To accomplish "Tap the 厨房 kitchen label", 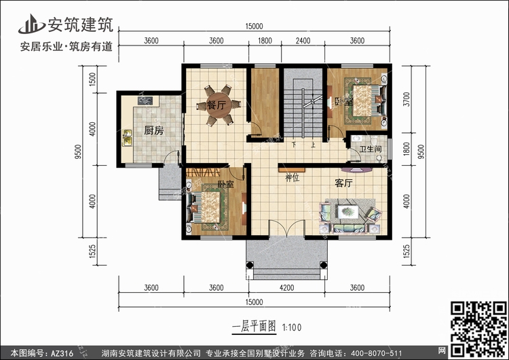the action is pos(154,130).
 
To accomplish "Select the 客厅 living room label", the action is pos(344,183).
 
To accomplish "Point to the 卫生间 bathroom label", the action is pos(371,149).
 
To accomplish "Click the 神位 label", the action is pos(292,177).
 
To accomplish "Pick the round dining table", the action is pos(219,105).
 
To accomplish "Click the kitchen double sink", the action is pos(127,137).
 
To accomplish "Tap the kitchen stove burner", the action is pos(145,101).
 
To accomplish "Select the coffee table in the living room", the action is pos(348,212).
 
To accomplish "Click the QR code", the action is pos(479,329).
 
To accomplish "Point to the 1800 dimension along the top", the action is pos(265,41).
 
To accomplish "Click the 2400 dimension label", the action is pos(303,41).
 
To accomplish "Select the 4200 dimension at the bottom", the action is pos(286,287).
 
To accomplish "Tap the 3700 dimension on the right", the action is pos(407,99).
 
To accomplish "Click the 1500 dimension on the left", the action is pos(92,79).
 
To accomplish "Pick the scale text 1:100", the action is pos(292,327).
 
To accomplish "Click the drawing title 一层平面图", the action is pos(254,327).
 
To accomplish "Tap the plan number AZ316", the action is pos(62,353).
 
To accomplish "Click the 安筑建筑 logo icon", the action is pos(31,24).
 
